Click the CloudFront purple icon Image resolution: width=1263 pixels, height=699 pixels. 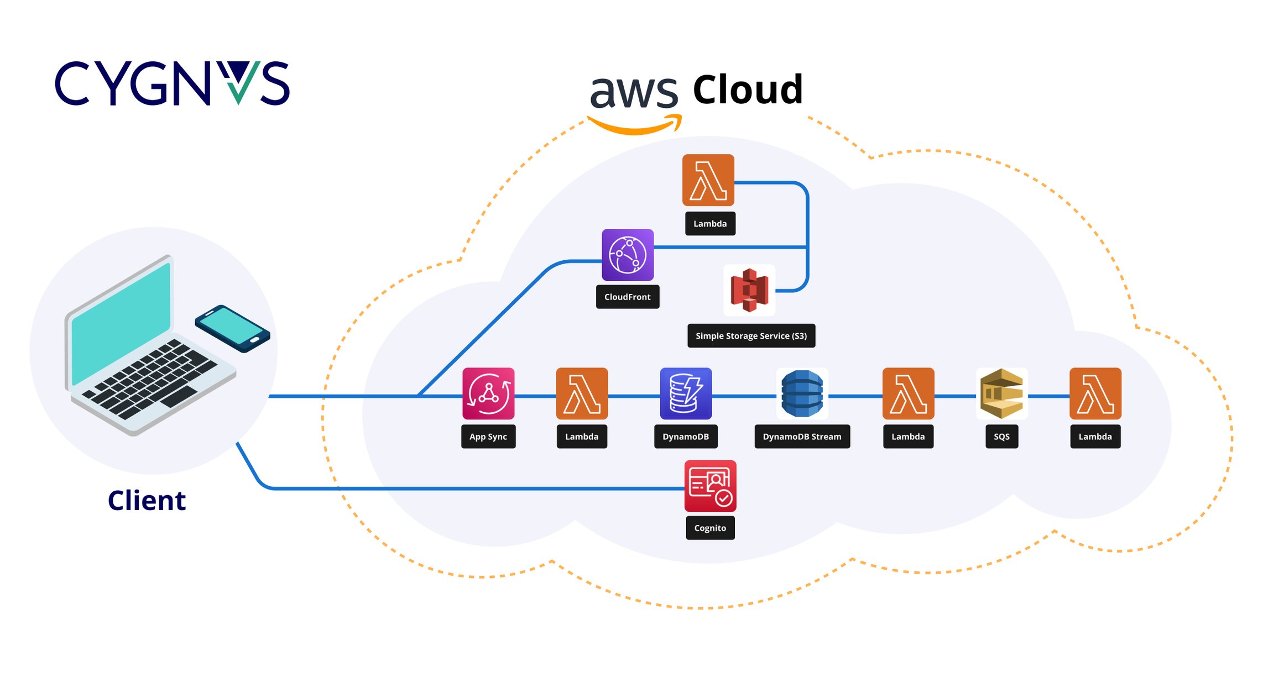[627, 255]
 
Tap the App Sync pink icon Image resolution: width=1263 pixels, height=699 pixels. [488, 393]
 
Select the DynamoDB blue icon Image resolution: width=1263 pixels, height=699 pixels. [686, 393]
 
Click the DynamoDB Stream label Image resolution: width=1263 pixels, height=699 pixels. [802, 437]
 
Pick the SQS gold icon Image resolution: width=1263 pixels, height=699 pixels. [1001, 393]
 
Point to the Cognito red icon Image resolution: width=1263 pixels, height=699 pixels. [710, 486]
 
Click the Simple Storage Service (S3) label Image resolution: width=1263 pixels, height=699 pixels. [751, 336]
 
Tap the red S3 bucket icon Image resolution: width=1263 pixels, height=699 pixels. [749, 290]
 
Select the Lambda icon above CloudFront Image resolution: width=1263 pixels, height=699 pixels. [708, 180]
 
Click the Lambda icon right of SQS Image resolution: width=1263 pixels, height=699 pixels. [1095, 393]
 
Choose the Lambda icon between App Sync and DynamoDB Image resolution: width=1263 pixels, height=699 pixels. [582, 393]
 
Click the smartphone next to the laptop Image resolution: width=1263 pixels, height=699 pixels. [232, 328]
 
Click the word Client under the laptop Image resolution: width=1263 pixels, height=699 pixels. [147, 501]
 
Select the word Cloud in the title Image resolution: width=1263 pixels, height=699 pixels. [748, 90]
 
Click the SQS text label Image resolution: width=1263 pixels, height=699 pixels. [1001, 437]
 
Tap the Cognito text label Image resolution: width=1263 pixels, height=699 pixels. [710, 528]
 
